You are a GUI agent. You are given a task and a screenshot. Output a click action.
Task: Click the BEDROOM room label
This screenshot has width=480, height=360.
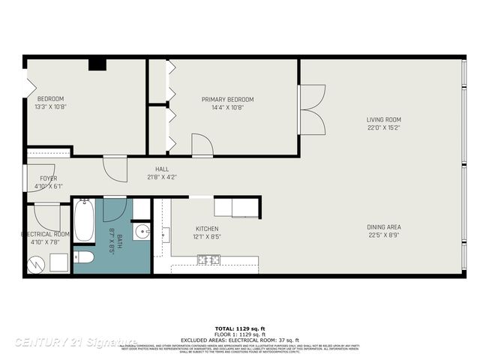tap(51, 98)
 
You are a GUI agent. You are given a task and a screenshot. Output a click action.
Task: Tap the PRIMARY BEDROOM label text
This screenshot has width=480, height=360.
tap(227, 99)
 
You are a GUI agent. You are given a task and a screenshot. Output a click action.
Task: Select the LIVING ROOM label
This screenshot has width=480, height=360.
tap(383, 119)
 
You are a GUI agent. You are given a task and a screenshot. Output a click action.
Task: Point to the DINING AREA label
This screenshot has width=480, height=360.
tap(383, 226)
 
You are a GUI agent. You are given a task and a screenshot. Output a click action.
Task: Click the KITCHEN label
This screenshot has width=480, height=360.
tap(207, 228)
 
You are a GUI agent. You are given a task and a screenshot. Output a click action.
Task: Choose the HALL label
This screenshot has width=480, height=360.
tap(162, 169)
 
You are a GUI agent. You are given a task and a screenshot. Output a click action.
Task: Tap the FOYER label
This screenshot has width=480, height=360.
tap(48, 178)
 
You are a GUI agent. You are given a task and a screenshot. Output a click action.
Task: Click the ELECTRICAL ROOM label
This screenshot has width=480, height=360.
tap(45, 234)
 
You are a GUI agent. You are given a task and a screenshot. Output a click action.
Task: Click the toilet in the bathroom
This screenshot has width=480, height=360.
tap(83, 257)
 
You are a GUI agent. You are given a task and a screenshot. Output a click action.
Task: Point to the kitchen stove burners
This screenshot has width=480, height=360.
tap(208, 259)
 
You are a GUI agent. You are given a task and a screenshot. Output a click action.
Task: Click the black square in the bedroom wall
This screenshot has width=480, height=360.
tap(97, 64)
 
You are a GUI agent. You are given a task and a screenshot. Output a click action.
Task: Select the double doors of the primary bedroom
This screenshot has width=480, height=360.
tap(311, 109)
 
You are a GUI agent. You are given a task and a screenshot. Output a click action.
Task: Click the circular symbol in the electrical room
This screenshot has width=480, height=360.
tap(35, 263)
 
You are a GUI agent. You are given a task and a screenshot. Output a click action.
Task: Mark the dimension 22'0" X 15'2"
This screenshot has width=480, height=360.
tap(383, 127)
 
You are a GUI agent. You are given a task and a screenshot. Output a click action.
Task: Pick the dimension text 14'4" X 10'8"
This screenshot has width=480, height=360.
tap(227, 107)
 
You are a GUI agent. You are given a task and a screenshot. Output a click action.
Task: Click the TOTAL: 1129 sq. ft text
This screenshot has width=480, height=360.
tap(240, 328)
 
